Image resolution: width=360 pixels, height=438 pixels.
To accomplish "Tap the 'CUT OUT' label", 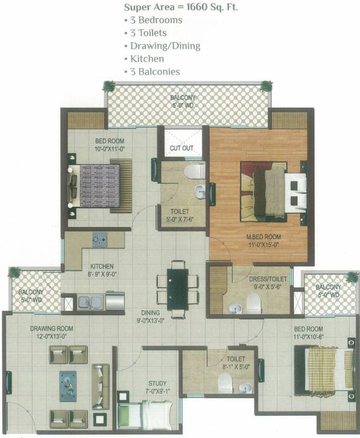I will (182, 148).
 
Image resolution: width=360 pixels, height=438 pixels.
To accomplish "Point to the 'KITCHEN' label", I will (102, 266).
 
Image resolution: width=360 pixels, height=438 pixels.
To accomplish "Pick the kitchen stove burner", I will (100, 239).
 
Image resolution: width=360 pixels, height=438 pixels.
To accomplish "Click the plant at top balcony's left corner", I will (108, 86).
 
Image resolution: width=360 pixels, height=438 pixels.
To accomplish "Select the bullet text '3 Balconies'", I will (155, 71).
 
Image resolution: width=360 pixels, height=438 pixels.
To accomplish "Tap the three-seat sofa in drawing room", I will (101, 386).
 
